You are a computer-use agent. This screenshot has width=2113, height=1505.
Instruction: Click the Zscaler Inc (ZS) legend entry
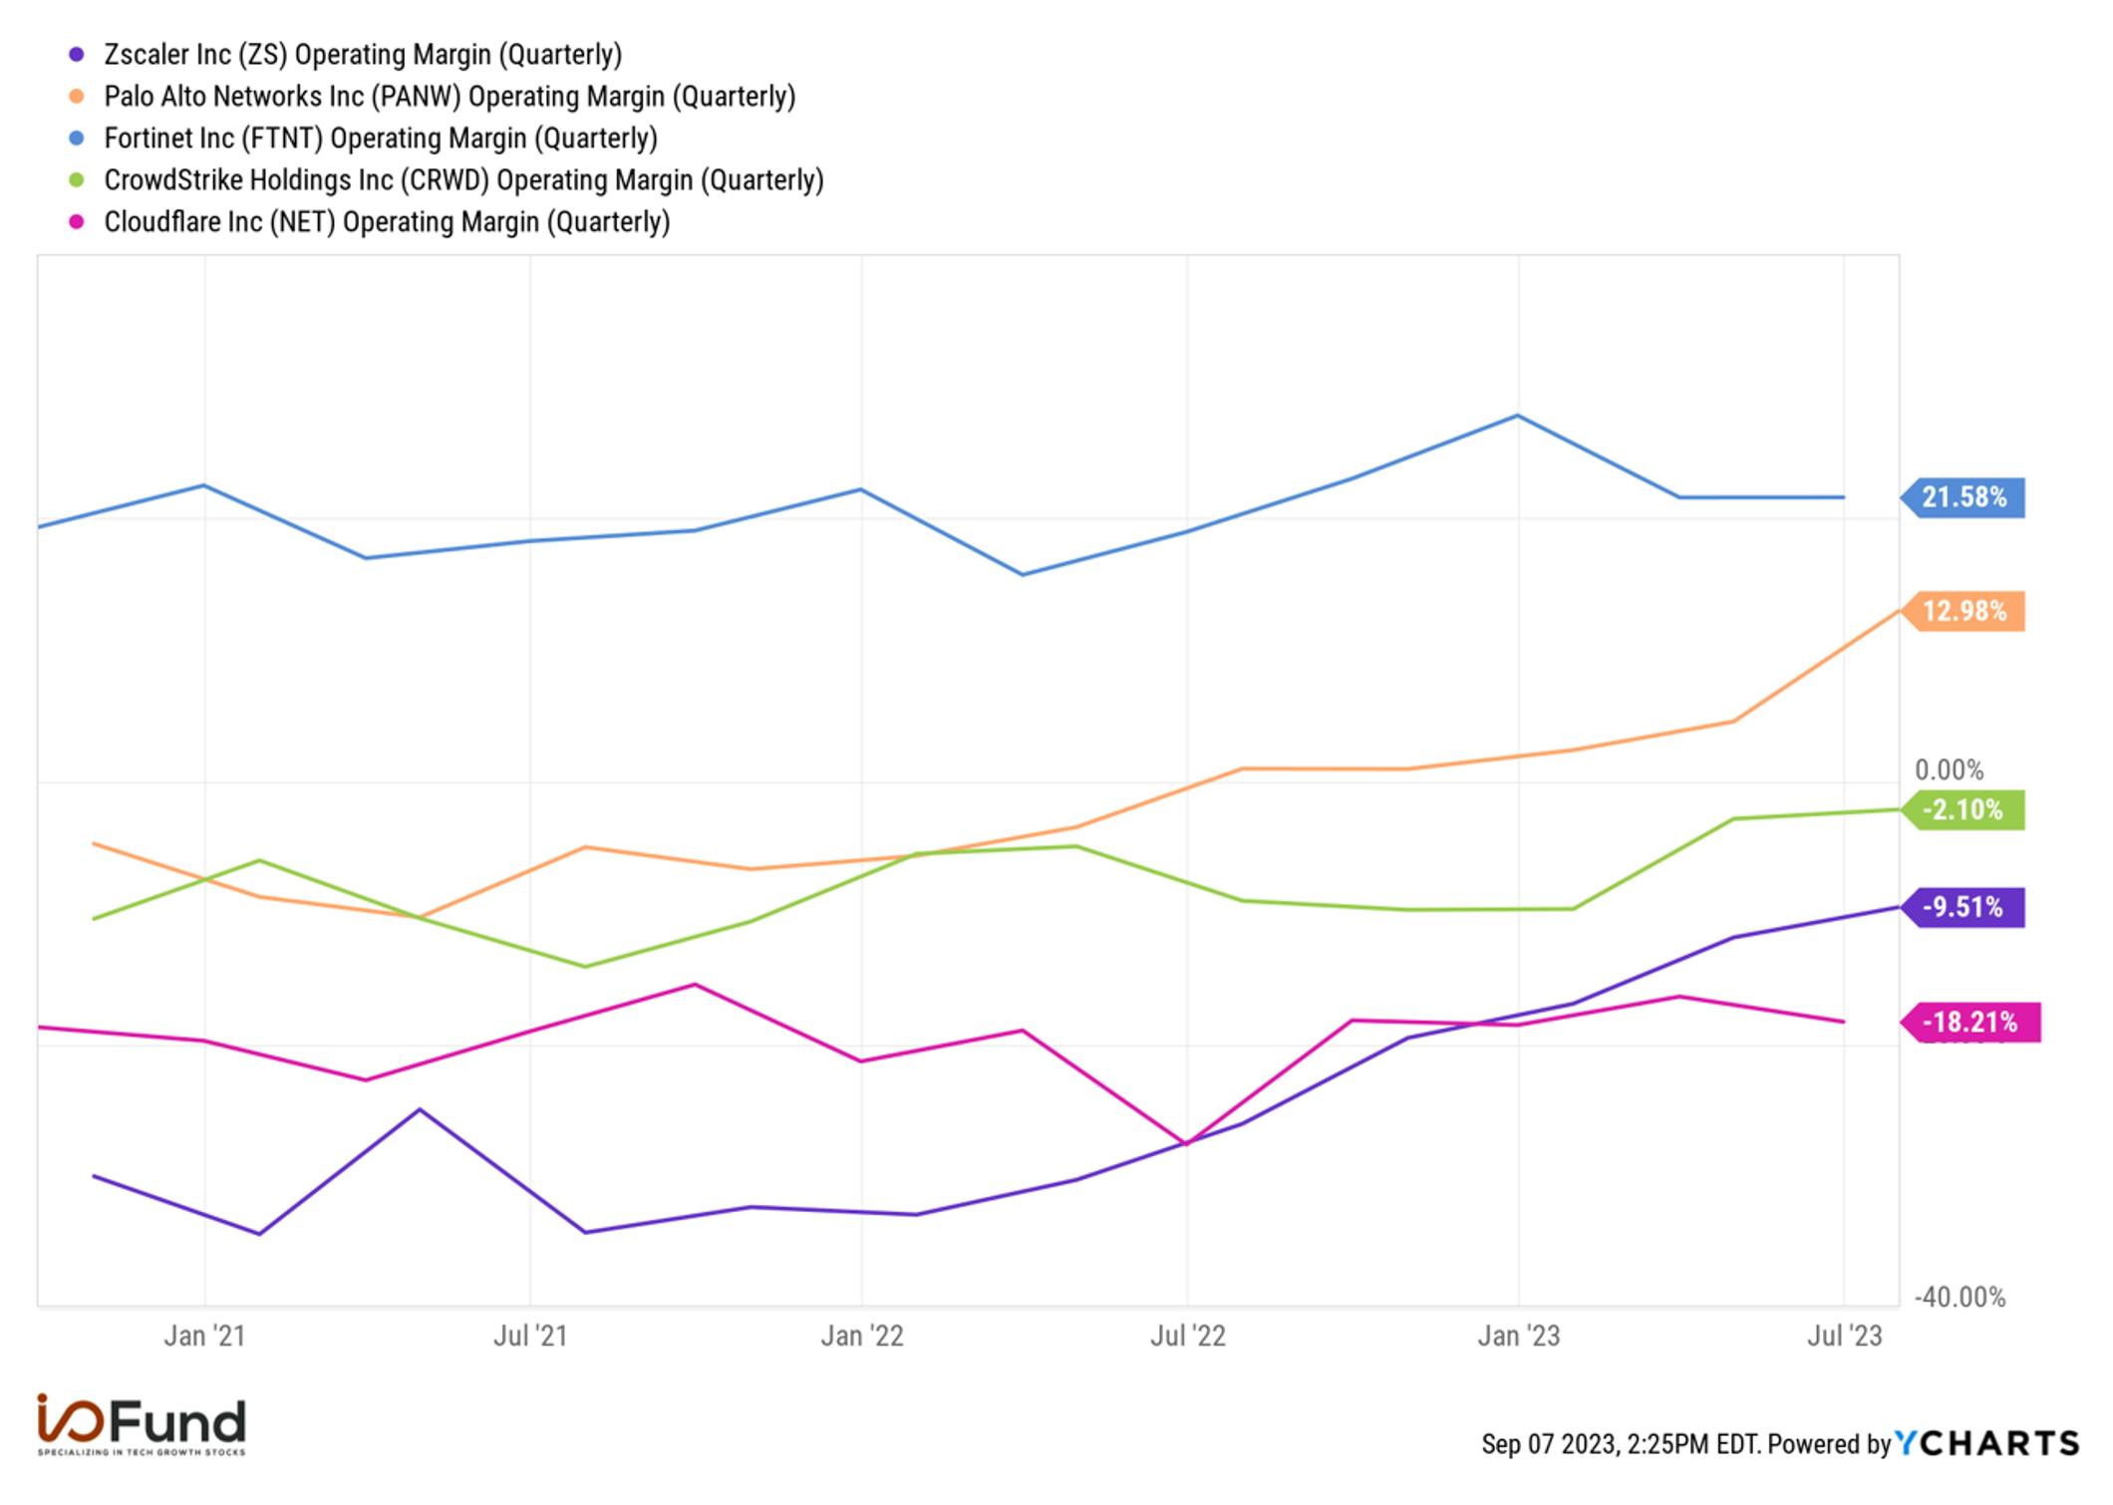coord(363,54)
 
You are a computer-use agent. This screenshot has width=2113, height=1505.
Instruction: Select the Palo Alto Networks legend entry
coord(450,96)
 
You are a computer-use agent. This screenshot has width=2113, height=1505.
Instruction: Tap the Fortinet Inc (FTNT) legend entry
coord(381,138)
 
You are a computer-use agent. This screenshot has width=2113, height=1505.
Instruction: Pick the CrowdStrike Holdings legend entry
coord(463,179)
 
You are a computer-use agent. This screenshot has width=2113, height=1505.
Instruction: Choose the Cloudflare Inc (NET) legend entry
coord(387,221)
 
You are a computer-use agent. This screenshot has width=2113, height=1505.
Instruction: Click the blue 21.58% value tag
coord(1962,496)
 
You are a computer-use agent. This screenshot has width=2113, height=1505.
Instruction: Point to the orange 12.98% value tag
coord(1962,611)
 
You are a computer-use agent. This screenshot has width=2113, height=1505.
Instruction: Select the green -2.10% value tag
coord(1962,809)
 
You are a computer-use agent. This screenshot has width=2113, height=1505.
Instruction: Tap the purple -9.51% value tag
coord(1962,907)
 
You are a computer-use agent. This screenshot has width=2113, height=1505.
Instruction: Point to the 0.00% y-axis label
coord(1949,769)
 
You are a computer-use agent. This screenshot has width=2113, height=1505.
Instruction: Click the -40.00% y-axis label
coord(1960,1297)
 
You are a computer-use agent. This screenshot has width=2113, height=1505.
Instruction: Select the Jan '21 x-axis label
coord(204,1336)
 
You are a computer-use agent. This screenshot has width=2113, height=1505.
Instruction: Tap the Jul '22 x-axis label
coord(1187,1336)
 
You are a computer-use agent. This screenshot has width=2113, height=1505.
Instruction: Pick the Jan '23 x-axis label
coord(1518,1336)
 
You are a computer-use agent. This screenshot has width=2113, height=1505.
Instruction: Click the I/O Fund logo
coord(142,1424)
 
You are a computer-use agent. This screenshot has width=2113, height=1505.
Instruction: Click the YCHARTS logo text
coord(1986,1443)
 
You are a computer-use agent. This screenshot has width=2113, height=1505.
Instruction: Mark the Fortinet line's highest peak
coord(1517,415)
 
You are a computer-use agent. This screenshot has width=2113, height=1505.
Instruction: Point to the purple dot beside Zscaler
coord(77,54)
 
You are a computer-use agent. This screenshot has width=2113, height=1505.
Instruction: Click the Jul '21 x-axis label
coord(530,1336)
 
